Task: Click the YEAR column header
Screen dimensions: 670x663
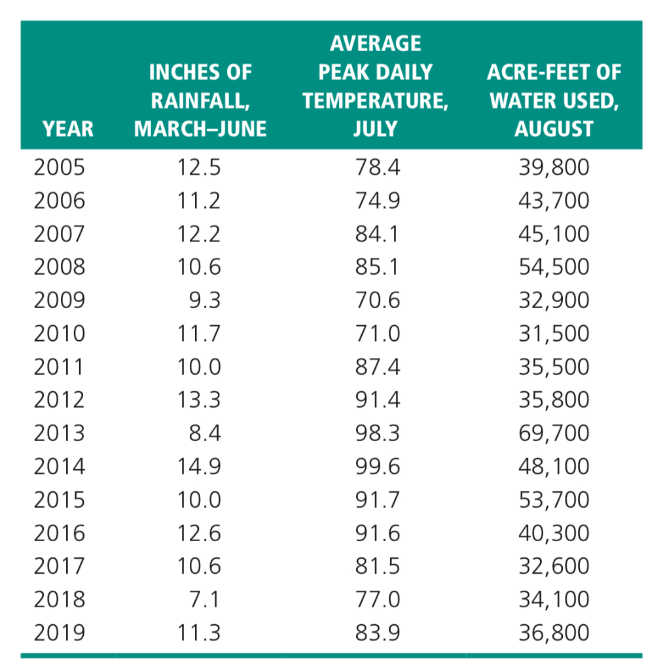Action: coord(68,128)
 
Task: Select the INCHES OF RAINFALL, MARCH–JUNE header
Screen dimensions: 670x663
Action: coord(200,100)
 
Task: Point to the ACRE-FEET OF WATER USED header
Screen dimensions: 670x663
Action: coord(554,100)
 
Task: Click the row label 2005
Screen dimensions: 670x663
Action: coord(60,167)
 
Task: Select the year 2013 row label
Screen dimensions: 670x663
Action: coord(60,433)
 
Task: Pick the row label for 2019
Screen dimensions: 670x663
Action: coord(60,633)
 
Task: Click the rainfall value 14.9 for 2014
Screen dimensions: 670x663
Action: coord(200,467)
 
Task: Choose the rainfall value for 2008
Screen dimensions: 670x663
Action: coord(200,267)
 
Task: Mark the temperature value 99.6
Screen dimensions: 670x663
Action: coord(378,467)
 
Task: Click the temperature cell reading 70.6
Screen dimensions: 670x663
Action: coord(378,300)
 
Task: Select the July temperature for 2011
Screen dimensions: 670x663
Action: coord(378,366)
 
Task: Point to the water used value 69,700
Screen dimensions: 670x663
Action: coord(554,433)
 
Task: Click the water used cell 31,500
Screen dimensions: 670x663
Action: coord(554,334)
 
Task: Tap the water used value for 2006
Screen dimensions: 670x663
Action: coord(554,200)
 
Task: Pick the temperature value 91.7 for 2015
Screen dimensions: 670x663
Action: coord(378,500)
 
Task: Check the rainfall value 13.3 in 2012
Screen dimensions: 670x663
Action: coord(200,400)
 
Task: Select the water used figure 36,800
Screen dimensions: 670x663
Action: coord(554,633)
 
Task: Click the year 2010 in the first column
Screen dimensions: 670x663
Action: coord(60,334)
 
